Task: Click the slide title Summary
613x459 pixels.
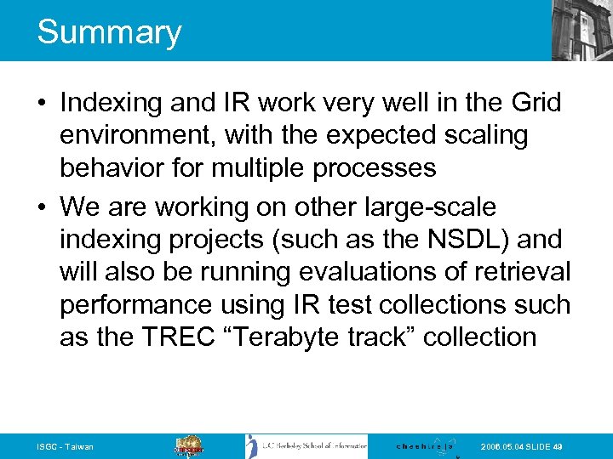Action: [109, 32]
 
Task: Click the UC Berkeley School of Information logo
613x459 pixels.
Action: [306, 446]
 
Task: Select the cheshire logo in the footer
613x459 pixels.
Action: [426, 446]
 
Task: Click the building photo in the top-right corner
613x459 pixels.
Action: [581, 30]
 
